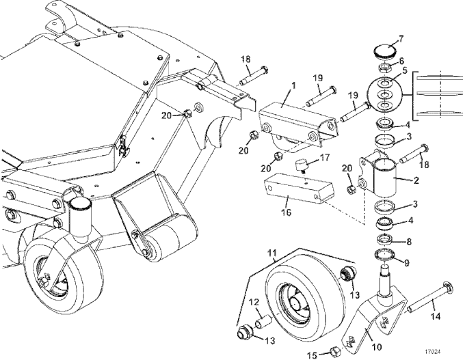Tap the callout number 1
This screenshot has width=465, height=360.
coord(293,86)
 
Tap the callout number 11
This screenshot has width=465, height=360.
coord(272,253)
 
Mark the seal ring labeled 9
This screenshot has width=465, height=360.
coord(385,255)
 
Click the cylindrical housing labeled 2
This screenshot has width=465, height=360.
coord(384,177)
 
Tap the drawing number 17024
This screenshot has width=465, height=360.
coord(432,352)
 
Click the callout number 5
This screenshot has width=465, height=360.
coord(405,71)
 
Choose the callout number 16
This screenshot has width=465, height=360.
coord(286,212)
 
